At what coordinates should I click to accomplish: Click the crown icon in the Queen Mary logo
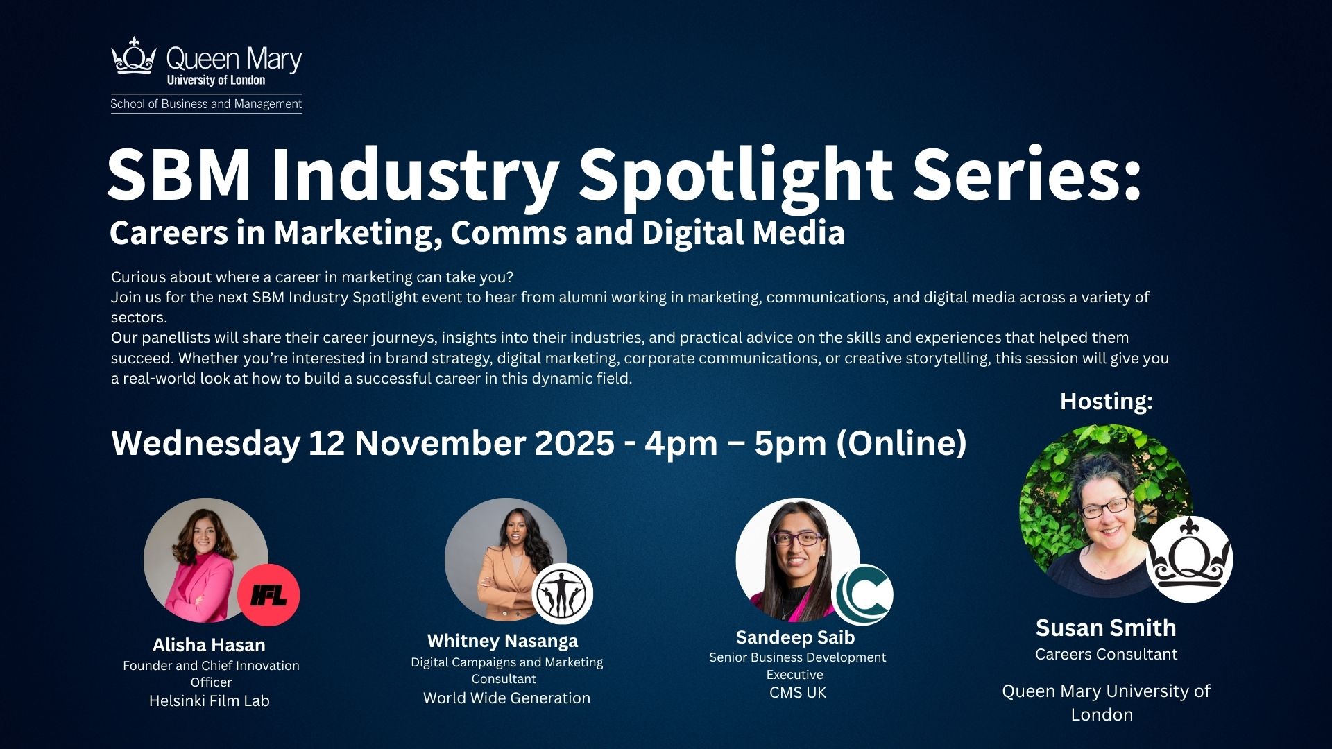tap(133, 56)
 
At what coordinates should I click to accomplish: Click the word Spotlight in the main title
tap(735, 175)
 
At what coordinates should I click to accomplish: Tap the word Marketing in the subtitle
tap(354, 233)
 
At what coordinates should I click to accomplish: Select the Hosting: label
tap(1106, 401)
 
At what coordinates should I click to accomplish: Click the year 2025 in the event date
tap(574, 443)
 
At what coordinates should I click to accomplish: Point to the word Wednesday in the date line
tap(205, 443)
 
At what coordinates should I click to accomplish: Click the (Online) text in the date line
tap(901, 443)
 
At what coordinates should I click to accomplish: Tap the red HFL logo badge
tap(268, 594)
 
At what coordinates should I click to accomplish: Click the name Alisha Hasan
tap(209, 645)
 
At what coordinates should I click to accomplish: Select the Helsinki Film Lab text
tap(209, 700)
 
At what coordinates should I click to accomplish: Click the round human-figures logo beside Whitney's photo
tap(562, 594)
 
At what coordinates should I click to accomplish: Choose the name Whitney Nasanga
tap(502, 641)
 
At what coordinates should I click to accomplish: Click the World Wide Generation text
tap(506, 698)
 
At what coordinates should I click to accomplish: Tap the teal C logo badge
tap(862, 594)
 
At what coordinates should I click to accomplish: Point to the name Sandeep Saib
tap(795, 637)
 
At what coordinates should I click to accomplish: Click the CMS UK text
tap(798, 692)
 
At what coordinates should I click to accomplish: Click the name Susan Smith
tap(1106, 628)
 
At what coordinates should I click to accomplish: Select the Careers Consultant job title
tap(1106, 654)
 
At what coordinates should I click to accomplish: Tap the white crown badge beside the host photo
tap(1189, 559)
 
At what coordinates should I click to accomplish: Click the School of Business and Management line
tap(206, 104)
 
